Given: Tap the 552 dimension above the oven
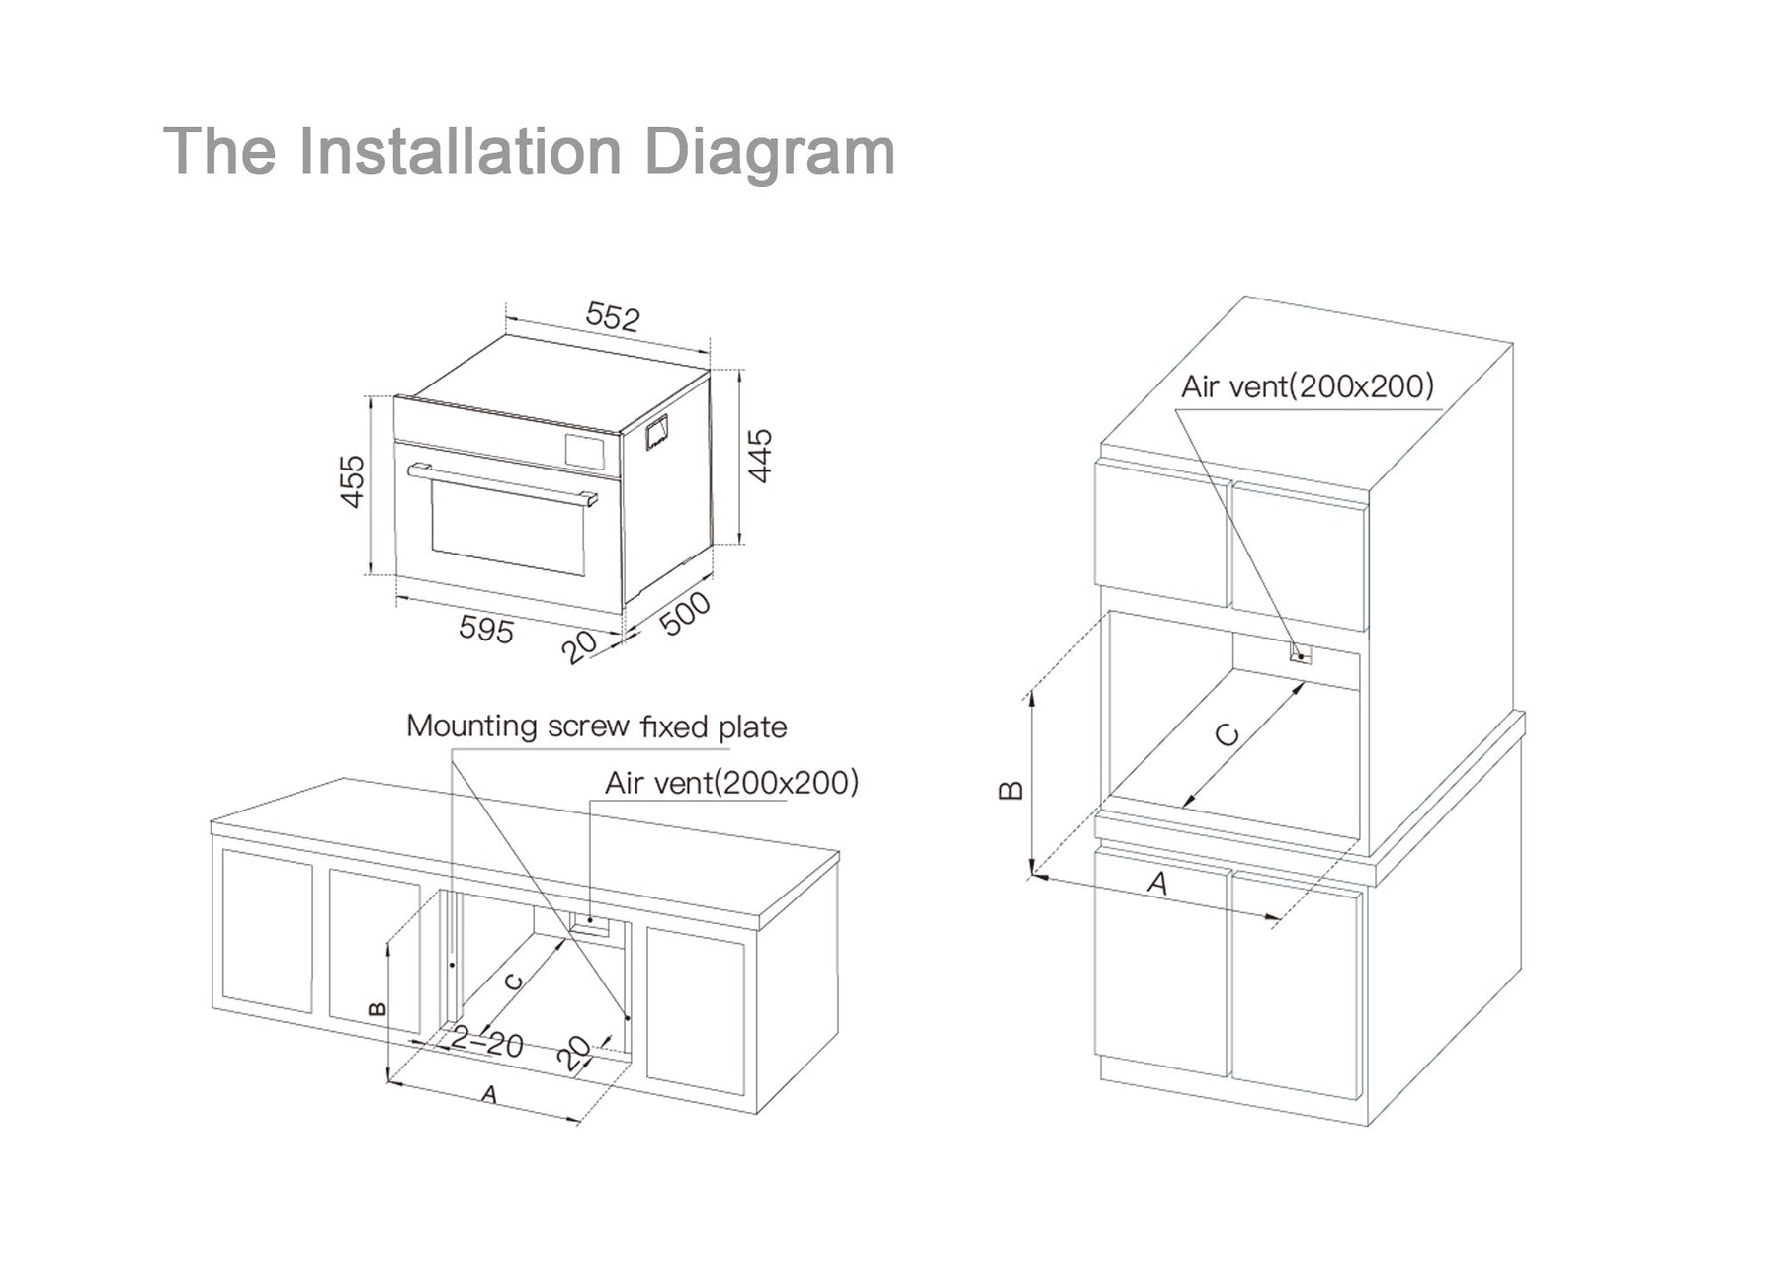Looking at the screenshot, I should pos(613,315).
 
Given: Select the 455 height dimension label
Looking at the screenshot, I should pos(353,481).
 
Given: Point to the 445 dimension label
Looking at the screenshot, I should pos(760,456).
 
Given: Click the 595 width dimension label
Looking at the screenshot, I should pos(486,629).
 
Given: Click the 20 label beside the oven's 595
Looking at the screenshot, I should pos(579,646).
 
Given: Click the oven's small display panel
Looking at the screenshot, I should pos(584,450).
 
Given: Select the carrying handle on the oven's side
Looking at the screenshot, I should pos(657,432).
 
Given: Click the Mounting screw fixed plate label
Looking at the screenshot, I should pos(597,726).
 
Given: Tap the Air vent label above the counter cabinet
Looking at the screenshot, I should pos(731,783).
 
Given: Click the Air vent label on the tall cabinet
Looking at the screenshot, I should pos(1307,385).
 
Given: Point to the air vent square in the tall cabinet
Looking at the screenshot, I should pos(1301,653).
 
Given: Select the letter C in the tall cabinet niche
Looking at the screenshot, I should pos(1227,735).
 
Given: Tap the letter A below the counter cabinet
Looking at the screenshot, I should pos(488,1095).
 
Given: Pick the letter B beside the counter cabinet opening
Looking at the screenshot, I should pos(377,1008).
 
